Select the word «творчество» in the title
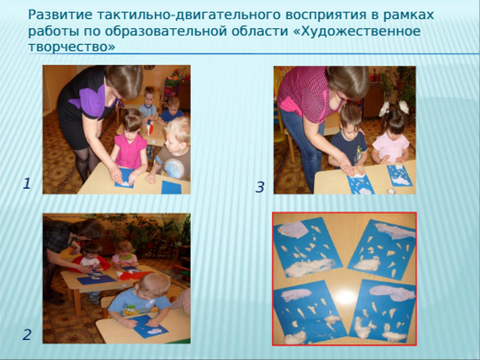point(72,47)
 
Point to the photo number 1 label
point(27,184)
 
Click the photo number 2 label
point(27,335)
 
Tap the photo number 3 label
point(260,187)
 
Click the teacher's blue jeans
point(304,143)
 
